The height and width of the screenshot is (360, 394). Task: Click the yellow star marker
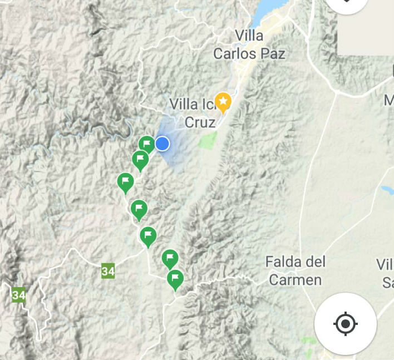[223, 102]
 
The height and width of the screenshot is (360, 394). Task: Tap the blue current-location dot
[162, 144]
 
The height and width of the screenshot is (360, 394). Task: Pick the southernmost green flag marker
[175, 278]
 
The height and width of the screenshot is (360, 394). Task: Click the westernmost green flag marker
[126, 181]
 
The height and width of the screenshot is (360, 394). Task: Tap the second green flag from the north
[140, 160]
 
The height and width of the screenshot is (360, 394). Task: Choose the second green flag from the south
[170, 259]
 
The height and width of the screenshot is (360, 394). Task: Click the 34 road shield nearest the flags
[108, 272]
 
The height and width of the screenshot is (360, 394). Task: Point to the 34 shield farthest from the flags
[19, 295]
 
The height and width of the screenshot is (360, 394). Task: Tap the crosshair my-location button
[345, 323]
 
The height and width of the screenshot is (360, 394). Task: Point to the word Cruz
[200, 122]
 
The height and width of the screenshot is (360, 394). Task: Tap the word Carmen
[295, 279]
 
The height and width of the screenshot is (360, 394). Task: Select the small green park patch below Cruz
[208, 139]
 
